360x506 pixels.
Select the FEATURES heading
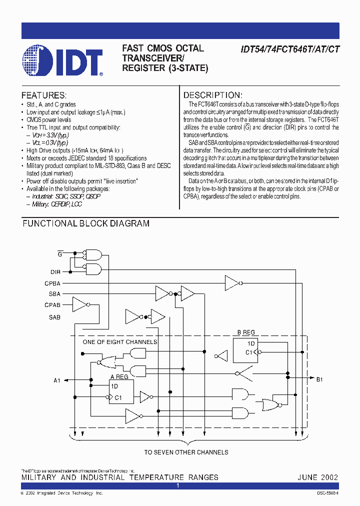44,95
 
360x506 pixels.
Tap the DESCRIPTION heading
213,95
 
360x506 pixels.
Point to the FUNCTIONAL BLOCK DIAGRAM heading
86,223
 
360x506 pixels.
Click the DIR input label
55,272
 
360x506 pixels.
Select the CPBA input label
52,283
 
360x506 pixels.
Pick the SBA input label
54,294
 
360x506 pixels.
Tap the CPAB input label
52,305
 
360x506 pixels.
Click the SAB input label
54,317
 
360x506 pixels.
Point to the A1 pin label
57,380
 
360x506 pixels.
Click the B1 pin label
320,379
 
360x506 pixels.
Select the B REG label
245,332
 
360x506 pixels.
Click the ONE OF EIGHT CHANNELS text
120,342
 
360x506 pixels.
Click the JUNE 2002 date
317,477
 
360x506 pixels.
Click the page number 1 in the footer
178,485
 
